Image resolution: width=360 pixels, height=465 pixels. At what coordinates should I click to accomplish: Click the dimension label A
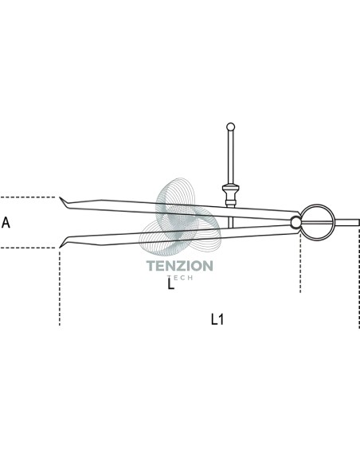coord(6,222)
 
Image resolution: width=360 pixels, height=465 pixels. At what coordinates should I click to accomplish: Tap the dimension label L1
coord(217,319)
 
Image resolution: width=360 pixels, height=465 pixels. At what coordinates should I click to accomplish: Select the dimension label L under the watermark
coord(170,283)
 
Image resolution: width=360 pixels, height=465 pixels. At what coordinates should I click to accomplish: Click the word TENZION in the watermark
coord(180,266)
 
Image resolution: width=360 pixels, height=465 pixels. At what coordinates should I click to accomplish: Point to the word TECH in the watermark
coord(180,278)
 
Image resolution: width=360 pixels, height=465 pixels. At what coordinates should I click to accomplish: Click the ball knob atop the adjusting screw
coord(230,127)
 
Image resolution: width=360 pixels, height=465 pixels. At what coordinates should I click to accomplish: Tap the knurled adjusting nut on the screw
coord(231,196)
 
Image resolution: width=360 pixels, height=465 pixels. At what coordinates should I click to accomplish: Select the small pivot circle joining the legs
coord(295,222)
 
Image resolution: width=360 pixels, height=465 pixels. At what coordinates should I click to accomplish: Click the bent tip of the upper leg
coord(63,201)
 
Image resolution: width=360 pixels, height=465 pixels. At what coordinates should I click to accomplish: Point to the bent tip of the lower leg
coord(63,242)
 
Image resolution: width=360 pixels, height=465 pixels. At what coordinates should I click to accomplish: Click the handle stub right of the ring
coord(347,222)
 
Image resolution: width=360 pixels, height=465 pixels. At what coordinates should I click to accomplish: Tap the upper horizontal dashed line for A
coord(28,197)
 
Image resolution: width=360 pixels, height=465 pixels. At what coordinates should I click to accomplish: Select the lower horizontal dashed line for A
coord(28,248)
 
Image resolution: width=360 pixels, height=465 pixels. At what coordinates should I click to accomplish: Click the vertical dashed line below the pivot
coord(300,263)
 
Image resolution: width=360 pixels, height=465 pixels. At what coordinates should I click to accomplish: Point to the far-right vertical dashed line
coord(359,278)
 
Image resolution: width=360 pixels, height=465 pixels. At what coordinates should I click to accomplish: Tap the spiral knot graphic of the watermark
coord(180,217)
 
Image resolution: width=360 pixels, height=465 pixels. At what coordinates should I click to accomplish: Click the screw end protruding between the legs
coord(231,222)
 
